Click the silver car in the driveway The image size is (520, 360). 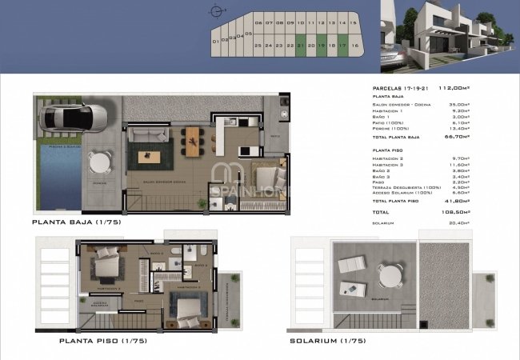(74, 118)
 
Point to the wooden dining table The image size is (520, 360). (194, 141)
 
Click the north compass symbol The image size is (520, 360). (214, 11)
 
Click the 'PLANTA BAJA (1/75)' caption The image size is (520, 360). (77, 222)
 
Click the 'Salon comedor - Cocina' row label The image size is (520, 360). (400, 104)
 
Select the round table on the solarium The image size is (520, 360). (390, 274)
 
